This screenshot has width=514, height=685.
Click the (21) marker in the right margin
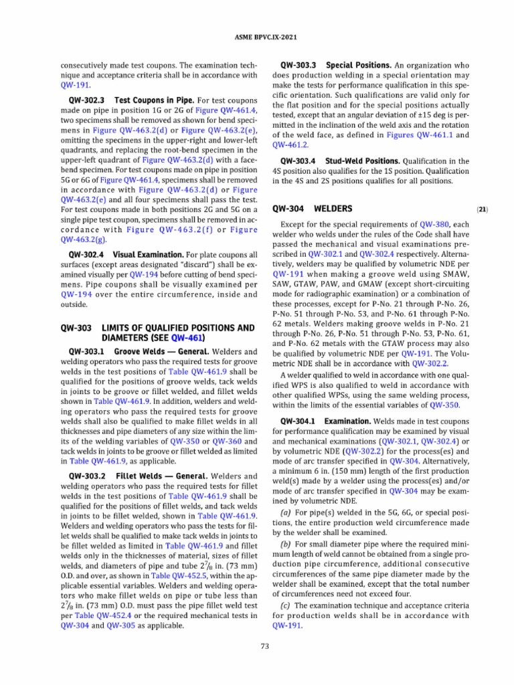pyautogui.click(x=483, y=209)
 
